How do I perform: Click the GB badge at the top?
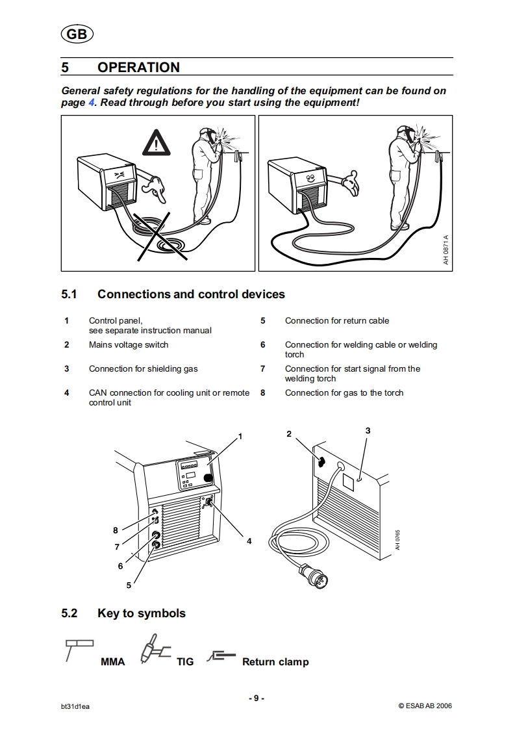[x=77, y=34]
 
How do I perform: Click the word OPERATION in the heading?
[x=138, y=68]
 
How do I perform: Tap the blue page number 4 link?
[x=92, y=103]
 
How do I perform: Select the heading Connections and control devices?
[x=191, y=294]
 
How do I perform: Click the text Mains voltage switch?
[x=129, y=345]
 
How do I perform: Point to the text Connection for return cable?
[x=337, y=321]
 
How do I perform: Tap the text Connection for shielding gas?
[x=144, y=369]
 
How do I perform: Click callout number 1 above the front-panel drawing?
[x=240, y=436]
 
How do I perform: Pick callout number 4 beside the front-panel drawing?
[x=249, y=541]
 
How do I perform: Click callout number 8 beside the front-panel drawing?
[x=115, y=530]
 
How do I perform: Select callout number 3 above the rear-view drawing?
[x=368, y=430]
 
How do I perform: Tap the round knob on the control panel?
[x=208, y=479]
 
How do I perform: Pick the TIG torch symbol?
[x=153, y=651]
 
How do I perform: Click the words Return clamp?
[x=275, y=662]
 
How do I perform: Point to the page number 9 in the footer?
[x=257, y=698]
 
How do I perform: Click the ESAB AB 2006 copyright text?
[x=425, y=706]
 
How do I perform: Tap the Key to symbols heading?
[x=141, y=613]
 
